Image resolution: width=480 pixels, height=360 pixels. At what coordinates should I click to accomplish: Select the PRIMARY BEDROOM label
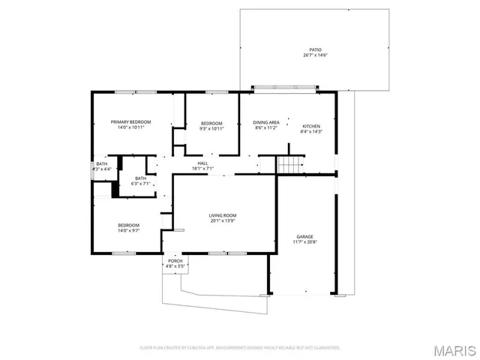[130, 121]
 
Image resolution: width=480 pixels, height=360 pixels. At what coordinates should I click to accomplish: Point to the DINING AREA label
[266, 122]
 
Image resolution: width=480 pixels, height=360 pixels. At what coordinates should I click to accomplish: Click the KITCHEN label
[311, 126]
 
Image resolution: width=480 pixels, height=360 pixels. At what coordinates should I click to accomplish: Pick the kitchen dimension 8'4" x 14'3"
[311, 132]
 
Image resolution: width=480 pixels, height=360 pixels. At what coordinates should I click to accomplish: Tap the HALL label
[202, 163]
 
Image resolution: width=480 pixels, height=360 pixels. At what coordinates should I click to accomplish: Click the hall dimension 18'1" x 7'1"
[202, 169]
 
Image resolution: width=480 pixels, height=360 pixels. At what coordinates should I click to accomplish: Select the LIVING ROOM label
[223, 215]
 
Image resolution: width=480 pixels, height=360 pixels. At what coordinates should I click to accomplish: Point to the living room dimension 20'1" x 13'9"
[223, 221]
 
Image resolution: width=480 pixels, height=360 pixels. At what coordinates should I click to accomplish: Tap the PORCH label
[175, 260]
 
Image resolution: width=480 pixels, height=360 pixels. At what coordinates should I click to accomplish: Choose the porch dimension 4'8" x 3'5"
[175, 266]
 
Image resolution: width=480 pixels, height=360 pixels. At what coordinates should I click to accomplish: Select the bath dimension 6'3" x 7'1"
[141, 184]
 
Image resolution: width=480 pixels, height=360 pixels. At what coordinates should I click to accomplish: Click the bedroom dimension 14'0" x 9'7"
[128, 231]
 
